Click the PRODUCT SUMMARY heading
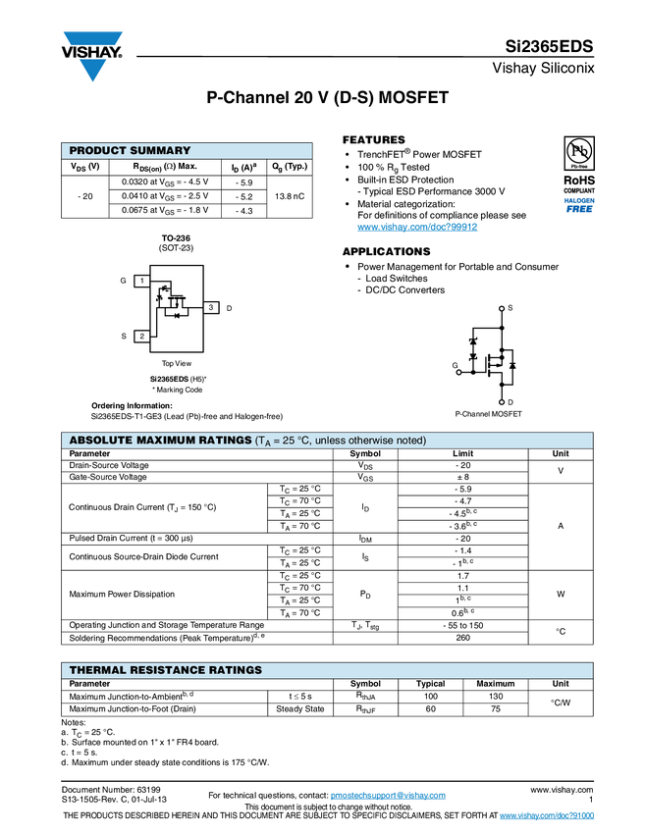click(130, 151)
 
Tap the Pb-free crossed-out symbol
click(578, 151)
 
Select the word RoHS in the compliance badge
click(578, 181)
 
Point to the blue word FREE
click(579, 209)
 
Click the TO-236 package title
click(177, 238)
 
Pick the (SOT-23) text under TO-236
click(177, 248)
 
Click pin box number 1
click(142, 281)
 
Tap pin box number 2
click(142, 336)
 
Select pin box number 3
click(210, 308)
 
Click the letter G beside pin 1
click(123, 281)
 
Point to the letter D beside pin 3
click(229, 309)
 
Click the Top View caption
click(177, 363)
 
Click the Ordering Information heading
click(132, 405)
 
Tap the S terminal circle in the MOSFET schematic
click(502, 308)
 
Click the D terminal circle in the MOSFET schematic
click(502, 401)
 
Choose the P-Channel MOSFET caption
click(489, 415)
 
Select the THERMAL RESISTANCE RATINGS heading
click(166, 670)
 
